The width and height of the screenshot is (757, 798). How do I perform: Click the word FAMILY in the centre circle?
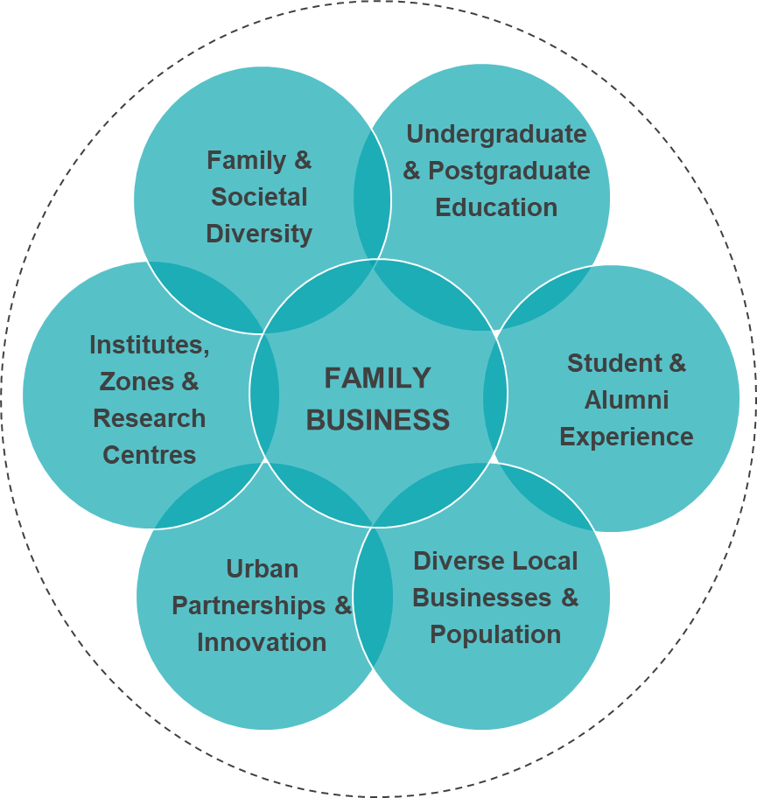pos(377,378)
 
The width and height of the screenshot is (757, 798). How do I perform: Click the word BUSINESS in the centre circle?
pos(377,420)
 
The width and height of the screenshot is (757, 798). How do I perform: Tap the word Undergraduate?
pos(496,134)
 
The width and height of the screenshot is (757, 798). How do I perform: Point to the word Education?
pos(496,207)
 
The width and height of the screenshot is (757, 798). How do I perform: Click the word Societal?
pos(259,197)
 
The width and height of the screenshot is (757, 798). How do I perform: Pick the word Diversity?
pos(259,234)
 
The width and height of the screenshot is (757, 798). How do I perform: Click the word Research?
pos(150,418)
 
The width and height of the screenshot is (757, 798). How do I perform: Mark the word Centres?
pos(150,455)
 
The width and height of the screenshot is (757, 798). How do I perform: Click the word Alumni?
pos(627,400)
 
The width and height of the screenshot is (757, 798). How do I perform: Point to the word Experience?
pos(627,437)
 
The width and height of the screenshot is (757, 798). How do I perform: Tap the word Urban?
pos(262,569)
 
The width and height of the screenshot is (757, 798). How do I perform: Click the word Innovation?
pos(262,642)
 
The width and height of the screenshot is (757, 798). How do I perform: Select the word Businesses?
pos(482,598)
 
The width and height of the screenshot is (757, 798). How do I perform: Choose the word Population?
pos(495,634)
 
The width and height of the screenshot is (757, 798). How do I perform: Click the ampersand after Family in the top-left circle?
pos(302,161)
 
